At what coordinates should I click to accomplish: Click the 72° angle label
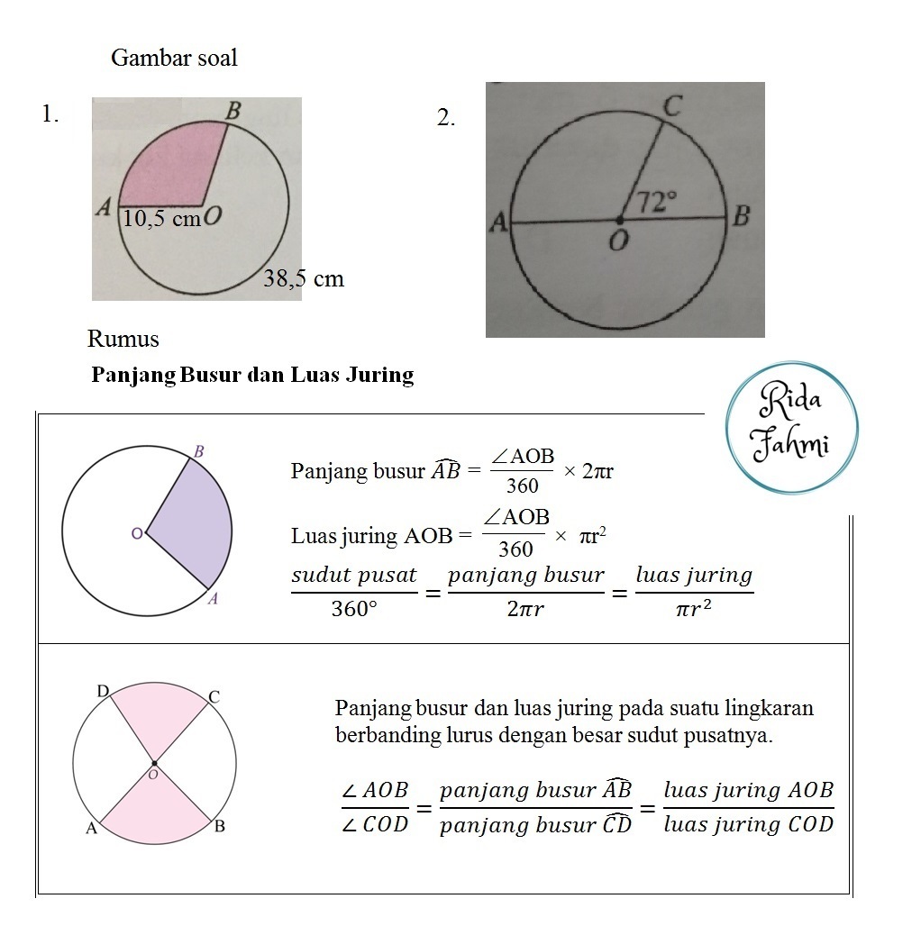point(656,201)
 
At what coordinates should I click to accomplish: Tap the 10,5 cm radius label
point(161,218)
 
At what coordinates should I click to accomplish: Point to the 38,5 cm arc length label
point(304,278)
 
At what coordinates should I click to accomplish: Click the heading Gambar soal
point(174,58)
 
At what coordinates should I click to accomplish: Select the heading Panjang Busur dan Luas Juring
point(252,375)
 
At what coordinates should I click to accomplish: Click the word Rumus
point(123,340)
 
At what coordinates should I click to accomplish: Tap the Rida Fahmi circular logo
point(792,428)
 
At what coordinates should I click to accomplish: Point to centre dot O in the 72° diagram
point(619,220)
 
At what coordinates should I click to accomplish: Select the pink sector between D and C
point(156,716)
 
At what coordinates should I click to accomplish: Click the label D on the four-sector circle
point(103,691)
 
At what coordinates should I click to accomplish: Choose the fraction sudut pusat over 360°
point(355,592)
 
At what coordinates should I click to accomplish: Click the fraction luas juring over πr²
point(693,592)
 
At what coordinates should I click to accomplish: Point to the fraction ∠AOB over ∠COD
point(376,807)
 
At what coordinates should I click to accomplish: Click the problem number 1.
point(50,113)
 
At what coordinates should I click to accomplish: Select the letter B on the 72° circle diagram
point(741,216)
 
